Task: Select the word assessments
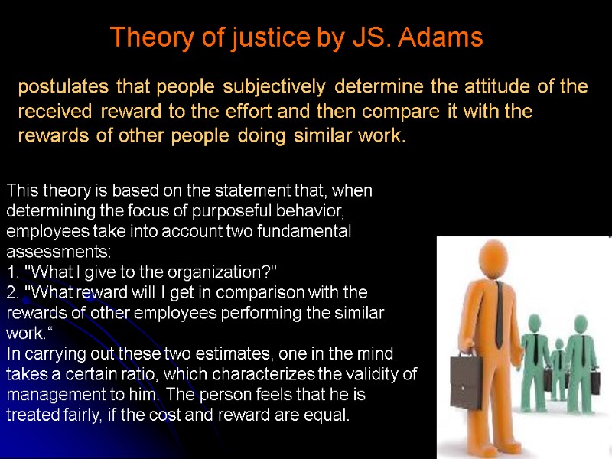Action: (x=58, y=251)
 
